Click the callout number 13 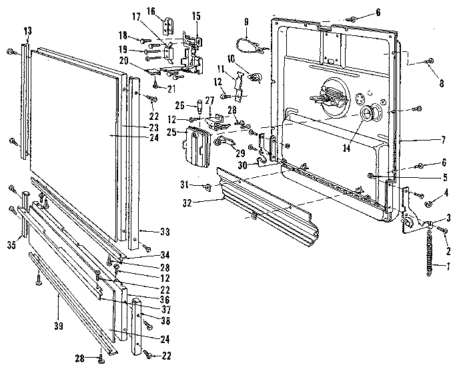click(x=27, y=31)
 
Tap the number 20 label click(x=143, y=61)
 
